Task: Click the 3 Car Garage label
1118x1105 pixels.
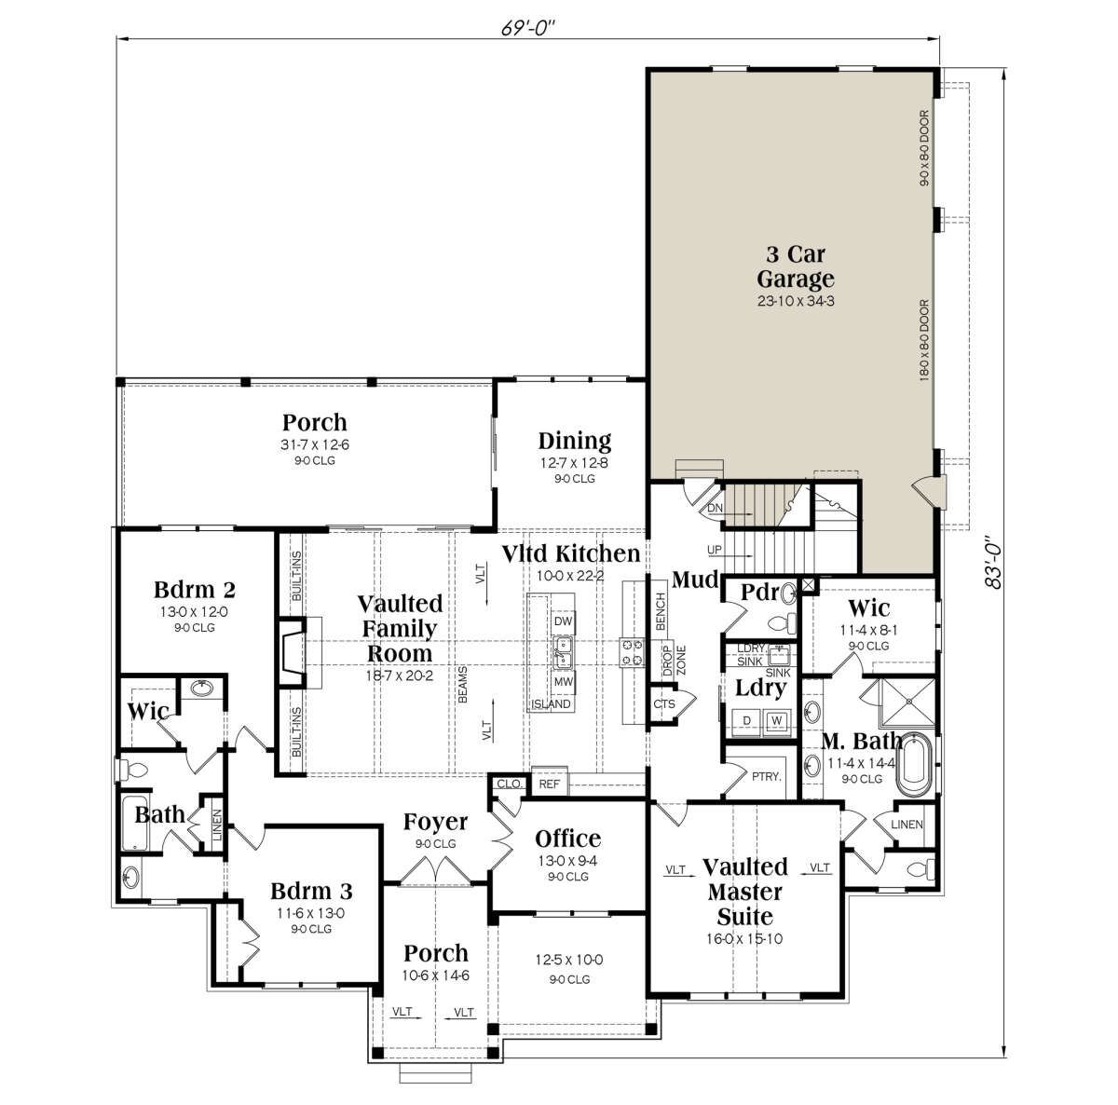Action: tap(796, 266)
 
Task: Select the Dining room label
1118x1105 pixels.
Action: tap(575, 441)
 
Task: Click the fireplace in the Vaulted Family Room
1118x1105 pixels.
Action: tap(292, 653)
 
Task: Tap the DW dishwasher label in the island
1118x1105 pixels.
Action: tap(563, 621)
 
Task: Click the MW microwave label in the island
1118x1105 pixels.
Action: tap(563, 682)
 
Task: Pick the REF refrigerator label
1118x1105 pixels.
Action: tap(549, 784)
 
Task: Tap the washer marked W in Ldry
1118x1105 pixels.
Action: tap(776, 721)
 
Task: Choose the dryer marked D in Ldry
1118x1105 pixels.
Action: tap(746, 721)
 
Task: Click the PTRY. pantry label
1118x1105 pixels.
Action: tap(767, 776)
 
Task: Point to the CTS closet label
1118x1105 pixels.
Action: tap(663, 704)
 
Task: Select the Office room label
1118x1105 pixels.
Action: tap(567, 839)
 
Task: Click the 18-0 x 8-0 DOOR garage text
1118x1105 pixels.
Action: tap(924, 340)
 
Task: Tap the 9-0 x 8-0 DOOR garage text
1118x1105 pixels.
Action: tap(924, 148)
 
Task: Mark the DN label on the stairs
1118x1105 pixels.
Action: tap(715, 509)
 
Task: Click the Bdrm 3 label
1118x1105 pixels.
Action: tap(311, 891)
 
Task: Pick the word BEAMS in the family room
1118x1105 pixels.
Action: tap(462, 685)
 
